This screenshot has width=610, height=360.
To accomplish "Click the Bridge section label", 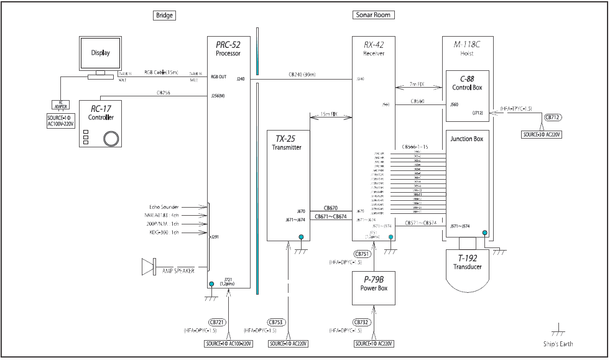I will [165, 14].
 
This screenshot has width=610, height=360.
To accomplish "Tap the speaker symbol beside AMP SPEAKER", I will [148, 267].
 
